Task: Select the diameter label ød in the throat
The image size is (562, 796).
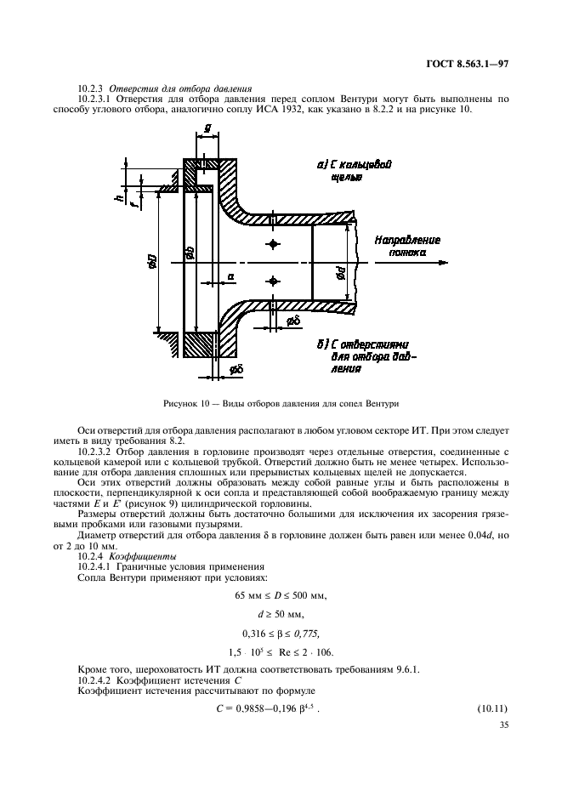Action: click(x=338, y=274)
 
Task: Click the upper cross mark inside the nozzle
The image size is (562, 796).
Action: click(x=272, y=244)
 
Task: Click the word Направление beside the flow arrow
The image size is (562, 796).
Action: click(x=407, y=240)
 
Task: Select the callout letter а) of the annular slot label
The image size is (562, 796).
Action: click(x=321, y=162)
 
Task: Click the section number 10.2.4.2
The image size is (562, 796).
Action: click(x=99, y=679)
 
